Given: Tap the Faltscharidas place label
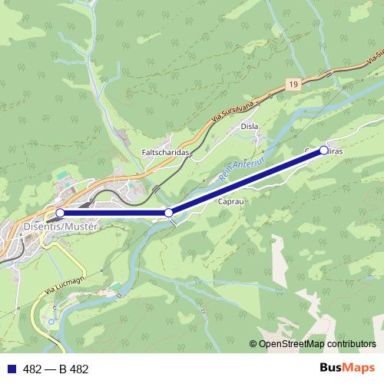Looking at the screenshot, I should click(x=165, y=152).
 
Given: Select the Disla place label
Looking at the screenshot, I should click(x=250, y=126).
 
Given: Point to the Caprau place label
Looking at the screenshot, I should click(x=230, y=201).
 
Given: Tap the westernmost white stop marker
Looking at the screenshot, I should click(x=60, y=213).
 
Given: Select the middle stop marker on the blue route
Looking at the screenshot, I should click(x=169, y=213).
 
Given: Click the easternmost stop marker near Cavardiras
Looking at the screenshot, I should click(x=323, y=151).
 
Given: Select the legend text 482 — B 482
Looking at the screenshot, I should click(x=56, y=369).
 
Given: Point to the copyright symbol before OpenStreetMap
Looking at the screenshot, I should click(x=253, y=343).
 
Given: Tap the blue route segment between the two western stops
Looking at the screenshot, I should click(x=115, y=213).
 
